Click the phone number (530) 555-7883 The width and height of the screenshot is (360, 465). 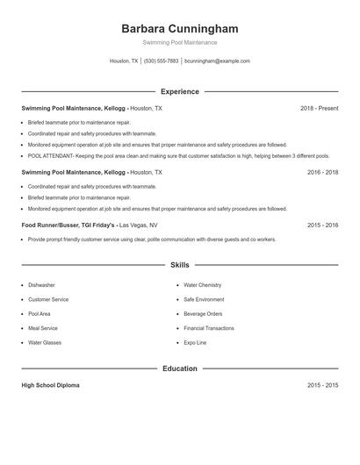tap(161, 61)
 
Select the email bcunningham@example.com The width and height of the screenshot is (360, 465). tap(218, 61)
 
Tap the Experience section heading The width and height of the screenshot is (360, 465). tap(179, 91)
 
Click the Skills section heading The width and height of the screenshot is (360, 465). tap(179, 264)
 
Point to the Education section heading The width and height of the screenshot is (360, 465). tap(179, 368)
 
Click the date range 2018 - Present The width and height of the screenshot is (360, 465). tap(319, 108)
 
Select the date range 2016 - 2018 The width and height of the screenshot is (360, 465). tap(322, 173)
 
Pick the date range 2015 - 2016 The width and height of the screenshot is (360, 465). tap(322, 225)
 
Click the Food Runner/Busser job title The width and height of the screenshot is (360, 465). tap(67, 225)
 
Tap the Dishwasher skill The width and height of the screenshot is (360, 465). tap(41, 285)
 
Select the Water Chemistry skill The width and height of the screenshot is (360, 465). tap(202, 285)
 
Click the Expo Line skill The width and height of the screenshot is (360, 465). tap(195, 343)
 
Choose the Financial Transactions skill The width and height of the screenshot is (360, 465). tap(208, 328)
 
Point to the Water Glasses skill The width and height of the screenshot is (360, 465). tap(45, 343)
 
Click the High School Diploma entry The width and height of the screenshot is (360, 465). tap(50, 385)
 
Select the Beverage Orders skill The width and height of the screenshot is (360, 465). tap(203, 314)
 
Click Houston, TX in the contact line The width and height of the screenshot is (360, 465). tap(123, 61)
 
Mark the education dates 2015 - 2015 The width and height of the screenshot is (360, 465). tap(322, 385)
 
